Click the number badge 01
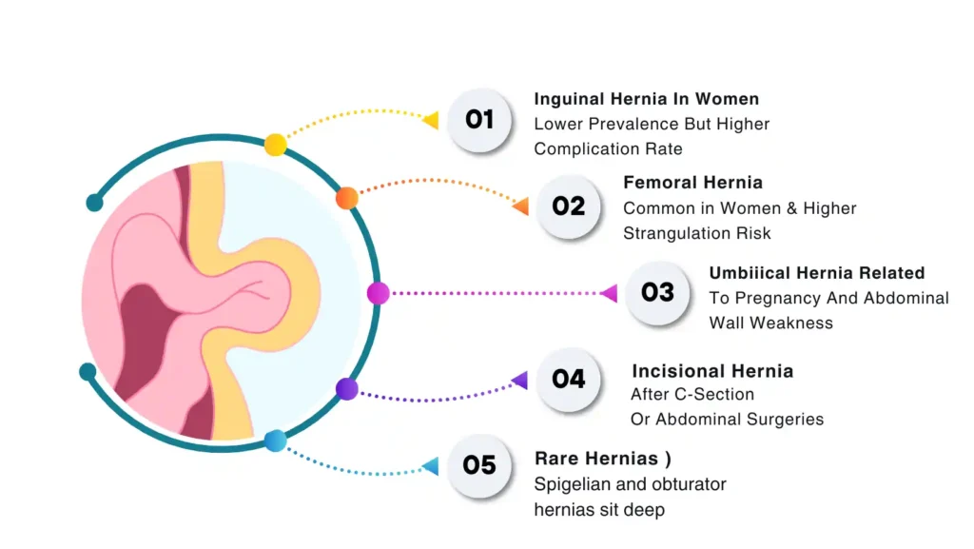point(479,120)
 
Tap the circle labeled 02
point(569,206)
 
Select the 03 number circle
point(657,292)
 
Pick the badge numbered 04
point(569,379)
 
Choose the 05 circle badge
point(479,465)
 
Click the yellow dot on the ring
point(275,145)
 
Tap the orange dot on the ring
point(347,198)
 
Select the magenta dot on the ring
point(378,293)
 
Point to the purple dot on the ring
point(347,388)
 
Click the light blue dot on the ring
point(275,441)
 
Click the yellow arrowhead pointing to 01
point(431,120)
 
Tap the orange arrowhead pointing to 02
point(520,206)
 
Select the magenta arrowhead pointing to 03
point(609,293)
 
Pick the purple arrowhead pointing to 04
point(519,381)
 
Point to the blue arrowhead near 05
point(430,466)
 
